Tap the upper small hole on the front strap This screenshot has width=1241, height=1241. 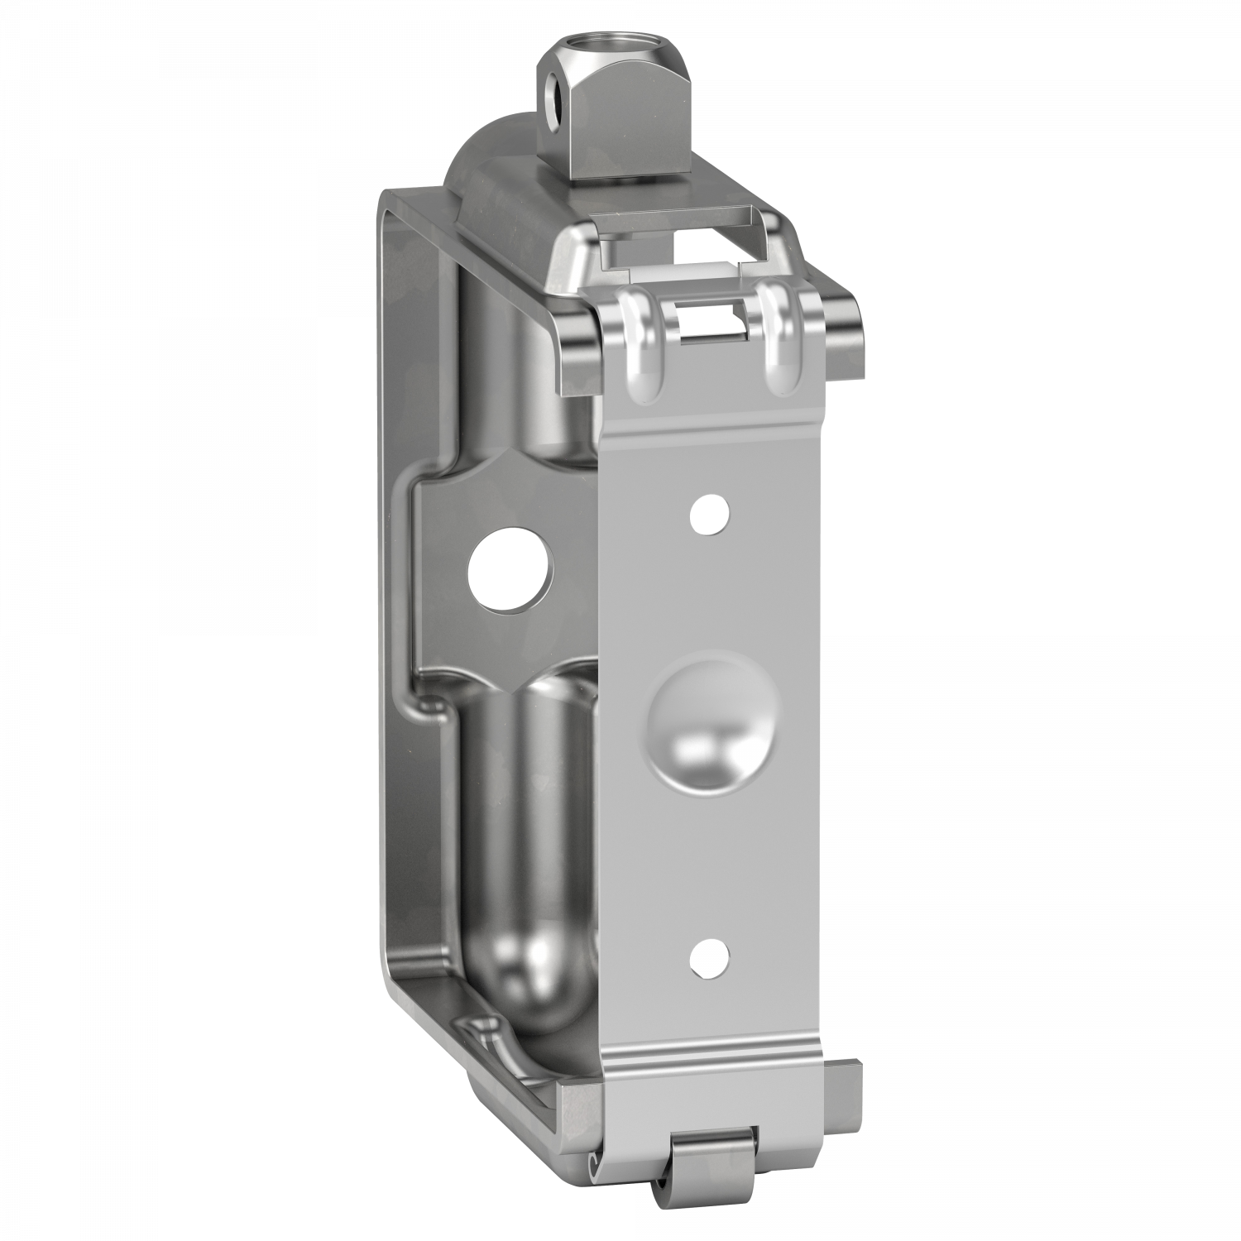(711, 514)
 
